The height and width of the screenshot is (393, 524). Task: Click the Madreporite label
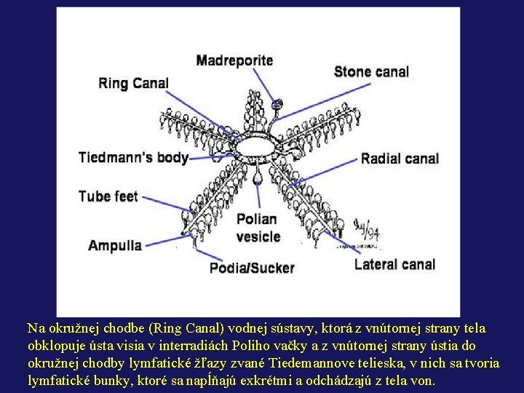(x=234, y=60)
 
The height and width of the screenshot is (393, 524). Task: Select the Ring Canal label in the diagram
(x=133, y=82)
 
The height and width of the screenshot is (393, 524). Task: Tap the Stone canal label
(x=371, y=71)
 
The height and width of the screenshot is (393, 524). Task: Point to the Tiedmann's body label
(x=133, y=157)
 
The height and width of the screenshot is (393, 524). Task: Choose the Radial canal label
(x=400, y=158)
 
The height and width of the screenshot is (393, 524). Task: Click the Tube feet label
(x=108, y=196)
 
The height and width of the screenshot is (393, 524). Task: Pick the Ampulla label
(x=115, y=245)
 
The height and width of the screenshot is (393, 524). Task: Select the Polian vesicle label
(x=258, y=227)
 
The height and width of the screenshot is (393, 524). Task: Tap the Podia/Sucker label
(x=252, y=268)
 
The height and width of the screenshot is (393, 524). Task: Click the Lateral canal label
(x=394, y=264)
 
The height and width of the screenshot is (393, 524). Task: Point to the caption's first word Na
(x=36, y=328)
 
